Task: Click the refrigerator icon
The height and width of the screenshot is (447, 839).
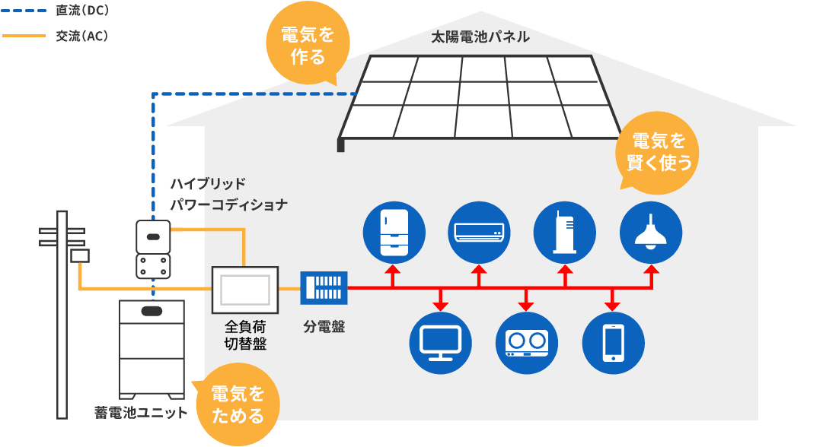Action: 392,231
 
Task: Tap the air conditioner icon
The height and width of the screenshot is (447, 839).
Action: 478,231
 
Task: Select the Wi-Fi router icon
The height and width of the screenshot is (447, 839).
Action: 565,231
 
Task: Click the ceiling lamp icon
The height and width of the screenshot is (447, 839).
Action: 651,231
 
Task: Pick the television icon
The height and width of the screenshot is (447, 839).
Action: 440,343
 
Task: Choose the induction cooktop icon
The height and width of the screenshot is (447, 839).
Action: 527,343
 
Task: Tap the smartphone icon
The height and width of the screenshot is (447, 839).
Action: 613,343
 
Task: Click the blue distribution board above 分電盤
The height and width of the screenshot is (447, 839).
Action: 324,289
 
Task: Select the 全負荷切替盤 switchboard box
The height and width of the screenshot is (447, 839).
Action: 244,290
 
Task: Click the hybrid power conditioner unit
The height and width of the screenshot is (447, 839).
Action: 153,249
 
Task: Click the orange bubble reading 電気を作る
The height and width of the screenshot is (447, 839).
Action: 308,46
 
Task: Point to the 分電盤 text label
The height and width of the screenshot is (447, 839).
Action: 324,327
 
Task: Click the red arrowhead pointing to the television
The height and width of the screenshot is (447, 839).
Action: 440,306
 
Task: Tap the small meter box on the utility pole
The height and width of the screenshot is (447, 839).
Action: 80,256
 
